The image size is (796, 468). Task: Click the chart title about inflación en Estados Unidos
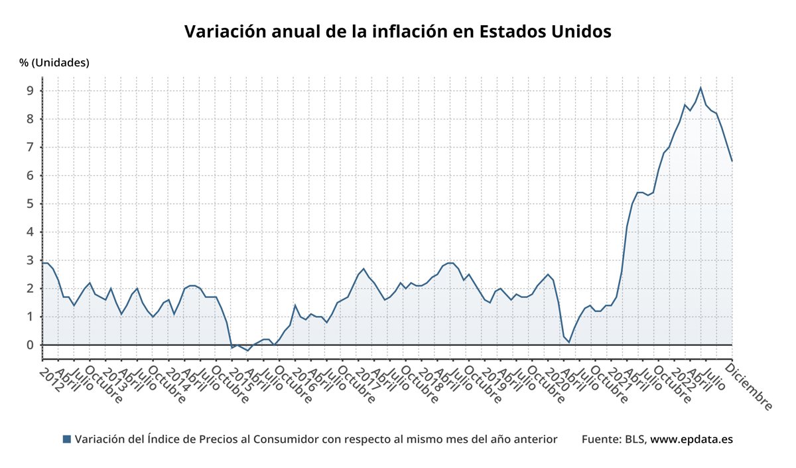pyautogui.click(x=397, y=31)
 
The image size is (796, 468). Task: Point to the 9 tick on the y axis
pyautogui.click(x=30, y=91)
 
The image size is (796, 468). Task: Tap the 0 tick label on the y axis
pyautogui.click(x=30, y=345)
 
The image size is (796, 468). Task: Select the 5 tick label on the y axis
pyautogui.click(x=30, y=204)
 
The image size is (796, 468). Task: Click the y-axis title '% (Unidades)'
pyautogui.click(x=54, y=63)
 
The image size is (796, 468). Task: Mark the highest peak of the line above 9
pyautogui.click(x=700, y=88)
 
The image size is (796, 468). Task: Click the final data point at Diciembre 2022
pyautogui.click(x=732, y=161)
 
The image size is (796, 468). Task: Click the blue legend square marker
pyautogui.click(x=66, y=439)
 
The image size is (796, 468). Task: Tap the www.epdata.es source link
pyautogui.click(x=691, y=439)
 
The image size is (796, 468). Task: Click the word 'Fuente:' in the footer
pyautogui.click(x=602, y=439)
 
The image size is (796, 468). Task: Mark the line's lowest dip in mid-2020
pyautogui.click(x=568, y=342)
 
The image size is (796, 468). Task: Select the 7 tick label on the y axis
pyautogui.click(x=30, y=147)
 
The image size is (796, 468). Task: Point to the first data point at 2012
pyautogui.click(x=42, y=263)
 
